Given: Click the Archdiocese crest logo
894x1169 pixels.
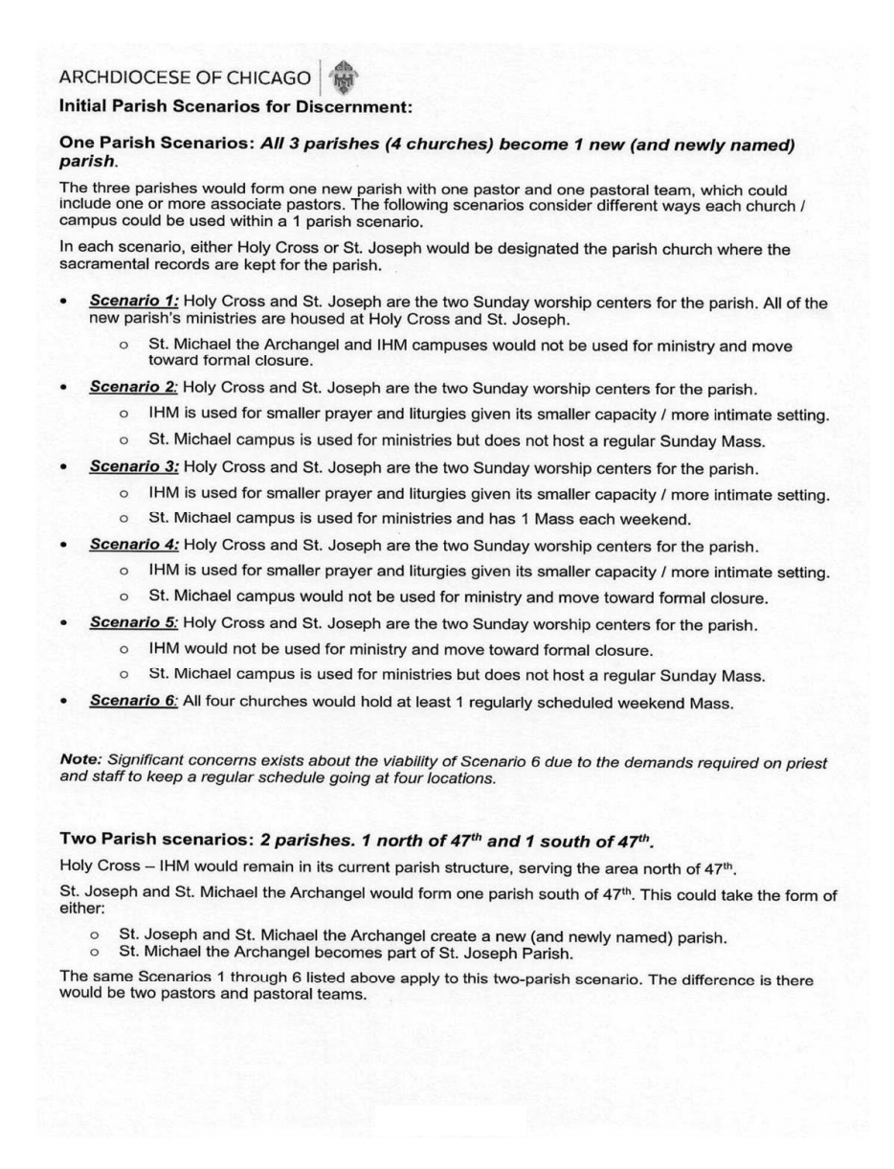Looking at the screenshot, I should pyautogui.click(x=343, y=77).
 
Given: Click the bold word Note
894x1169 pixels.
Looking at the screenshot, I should pyautogui.click(x=80, y=759).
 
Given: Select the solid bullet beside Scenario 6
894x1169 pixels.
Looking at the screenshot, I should pyautogui.click(x=63, y=702).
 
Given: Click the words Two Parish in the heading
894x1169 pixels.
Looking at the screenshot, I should pyautogui.click(x=108, y=839).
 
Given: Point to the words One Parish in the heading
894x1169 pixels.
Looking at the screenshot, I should pyautogui.click(x=108, y=144).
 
